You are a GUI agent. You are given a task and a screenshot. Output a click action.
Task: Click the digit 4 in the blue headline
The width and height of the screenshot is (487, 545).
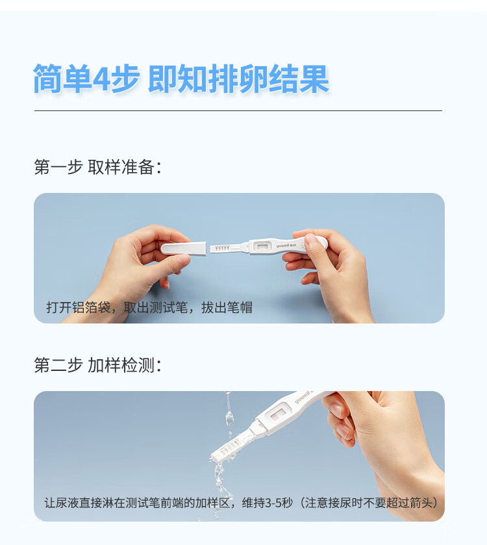[x=103, y=79]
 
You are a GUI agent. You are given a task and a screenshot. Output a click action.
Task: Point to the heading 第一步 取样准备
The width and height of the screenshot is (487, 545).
[x=97, y=167]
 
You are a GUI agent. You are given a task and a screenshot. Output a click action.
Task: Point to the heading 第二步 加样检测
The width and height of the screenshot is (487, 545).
[x=97, y=365]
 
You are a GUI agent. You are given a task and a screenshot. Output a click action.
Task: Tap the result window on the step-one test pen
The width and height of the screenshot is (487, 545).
[x=263, y=247]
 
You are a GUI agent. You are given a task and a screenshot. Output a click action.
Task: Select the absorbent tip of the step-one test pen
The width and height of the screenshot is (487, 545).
[x=221, y=248]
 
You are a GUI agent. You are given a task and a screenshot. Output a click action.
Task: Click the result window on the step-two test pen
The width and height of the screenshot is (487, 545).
[x=281, y=412]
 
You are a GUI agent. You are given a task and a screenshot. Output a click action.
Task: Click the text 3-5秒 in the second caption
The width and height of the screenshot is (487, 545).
[x=278, y=503]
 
